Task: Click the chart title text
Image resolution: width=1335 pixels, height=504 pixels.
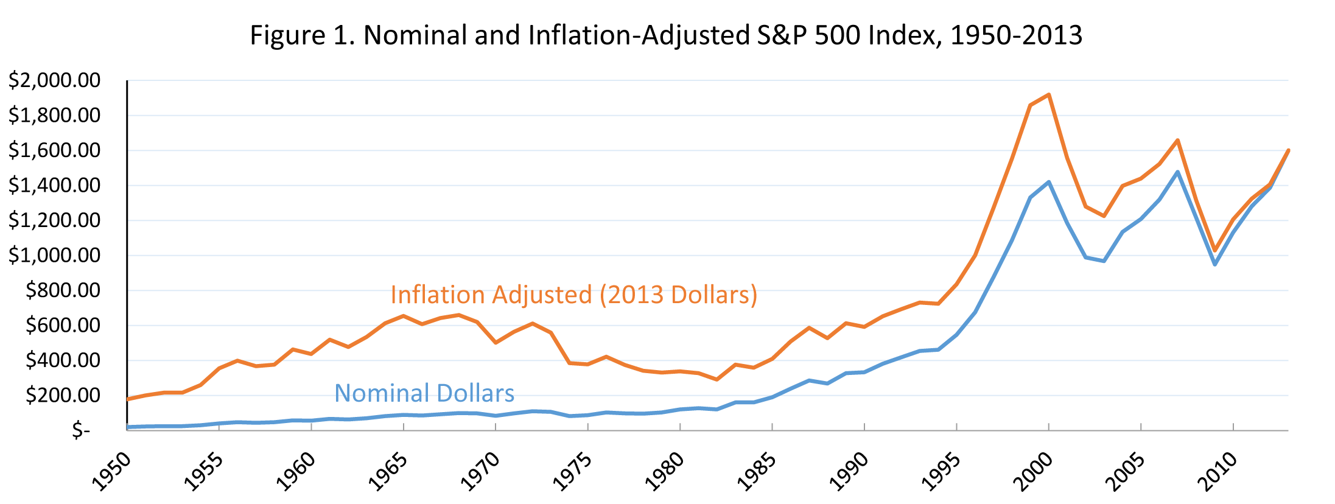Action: click(x=666, y=35)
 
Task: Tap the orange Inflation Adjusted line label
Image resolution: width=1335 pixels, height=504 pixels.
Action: click(x=573, y=295)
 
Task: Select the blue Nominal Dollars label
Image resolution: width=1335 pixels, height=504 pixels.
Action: click(x=424, y=393)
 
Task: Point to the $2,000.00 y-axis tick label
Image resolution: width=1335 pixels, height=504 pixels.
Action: click(x=54, y=80)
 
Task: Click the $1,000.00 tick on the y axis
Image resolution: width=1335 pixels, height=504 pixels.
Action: click(x=54, y=255)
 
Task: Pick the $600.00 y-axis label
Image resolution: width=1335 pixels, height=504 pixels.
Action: click(x=63, y=325)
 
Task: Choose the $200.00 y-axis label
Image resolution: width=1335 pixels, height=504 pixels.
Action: click(x=63, y=395)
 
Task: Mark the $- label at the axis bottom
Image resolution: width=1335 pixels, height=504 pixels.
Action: click(x=81, y=430)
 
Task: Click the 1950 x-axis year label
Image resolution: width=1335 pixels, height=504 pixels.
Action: click(x=113, y=471)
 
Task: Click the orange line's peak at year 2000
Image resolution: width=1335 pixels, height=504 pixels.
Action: click(x=1049, y=95)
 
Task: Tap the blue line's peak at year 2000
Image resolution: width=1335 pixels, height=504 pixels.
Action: click(x=1049, y=182)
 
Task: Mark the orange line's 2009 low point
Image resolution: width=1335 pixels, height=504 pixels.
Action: click(x=1215, y=250)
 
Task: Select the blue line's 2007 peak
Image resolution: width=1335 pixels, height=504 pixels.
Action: click(x=1178, y=172)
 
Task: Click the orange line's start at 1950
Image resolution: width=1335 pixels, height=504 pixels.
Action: click(x=128, y=399)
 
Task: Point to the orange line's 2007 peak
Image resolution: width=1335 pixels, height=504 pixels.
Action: click(x=1178, y=141)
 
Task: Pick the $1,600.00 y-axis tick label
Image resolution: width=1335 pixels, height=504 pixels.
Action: click(x=54, y=150)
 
